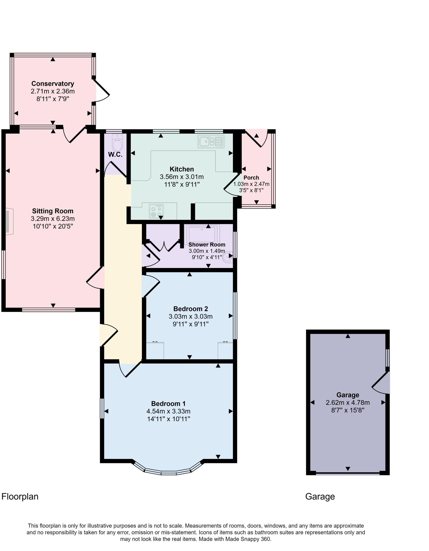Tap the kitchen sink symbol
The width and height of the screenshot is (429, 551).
[211, 142]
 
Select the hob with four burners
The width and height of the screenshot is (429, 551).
[156, 211]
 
